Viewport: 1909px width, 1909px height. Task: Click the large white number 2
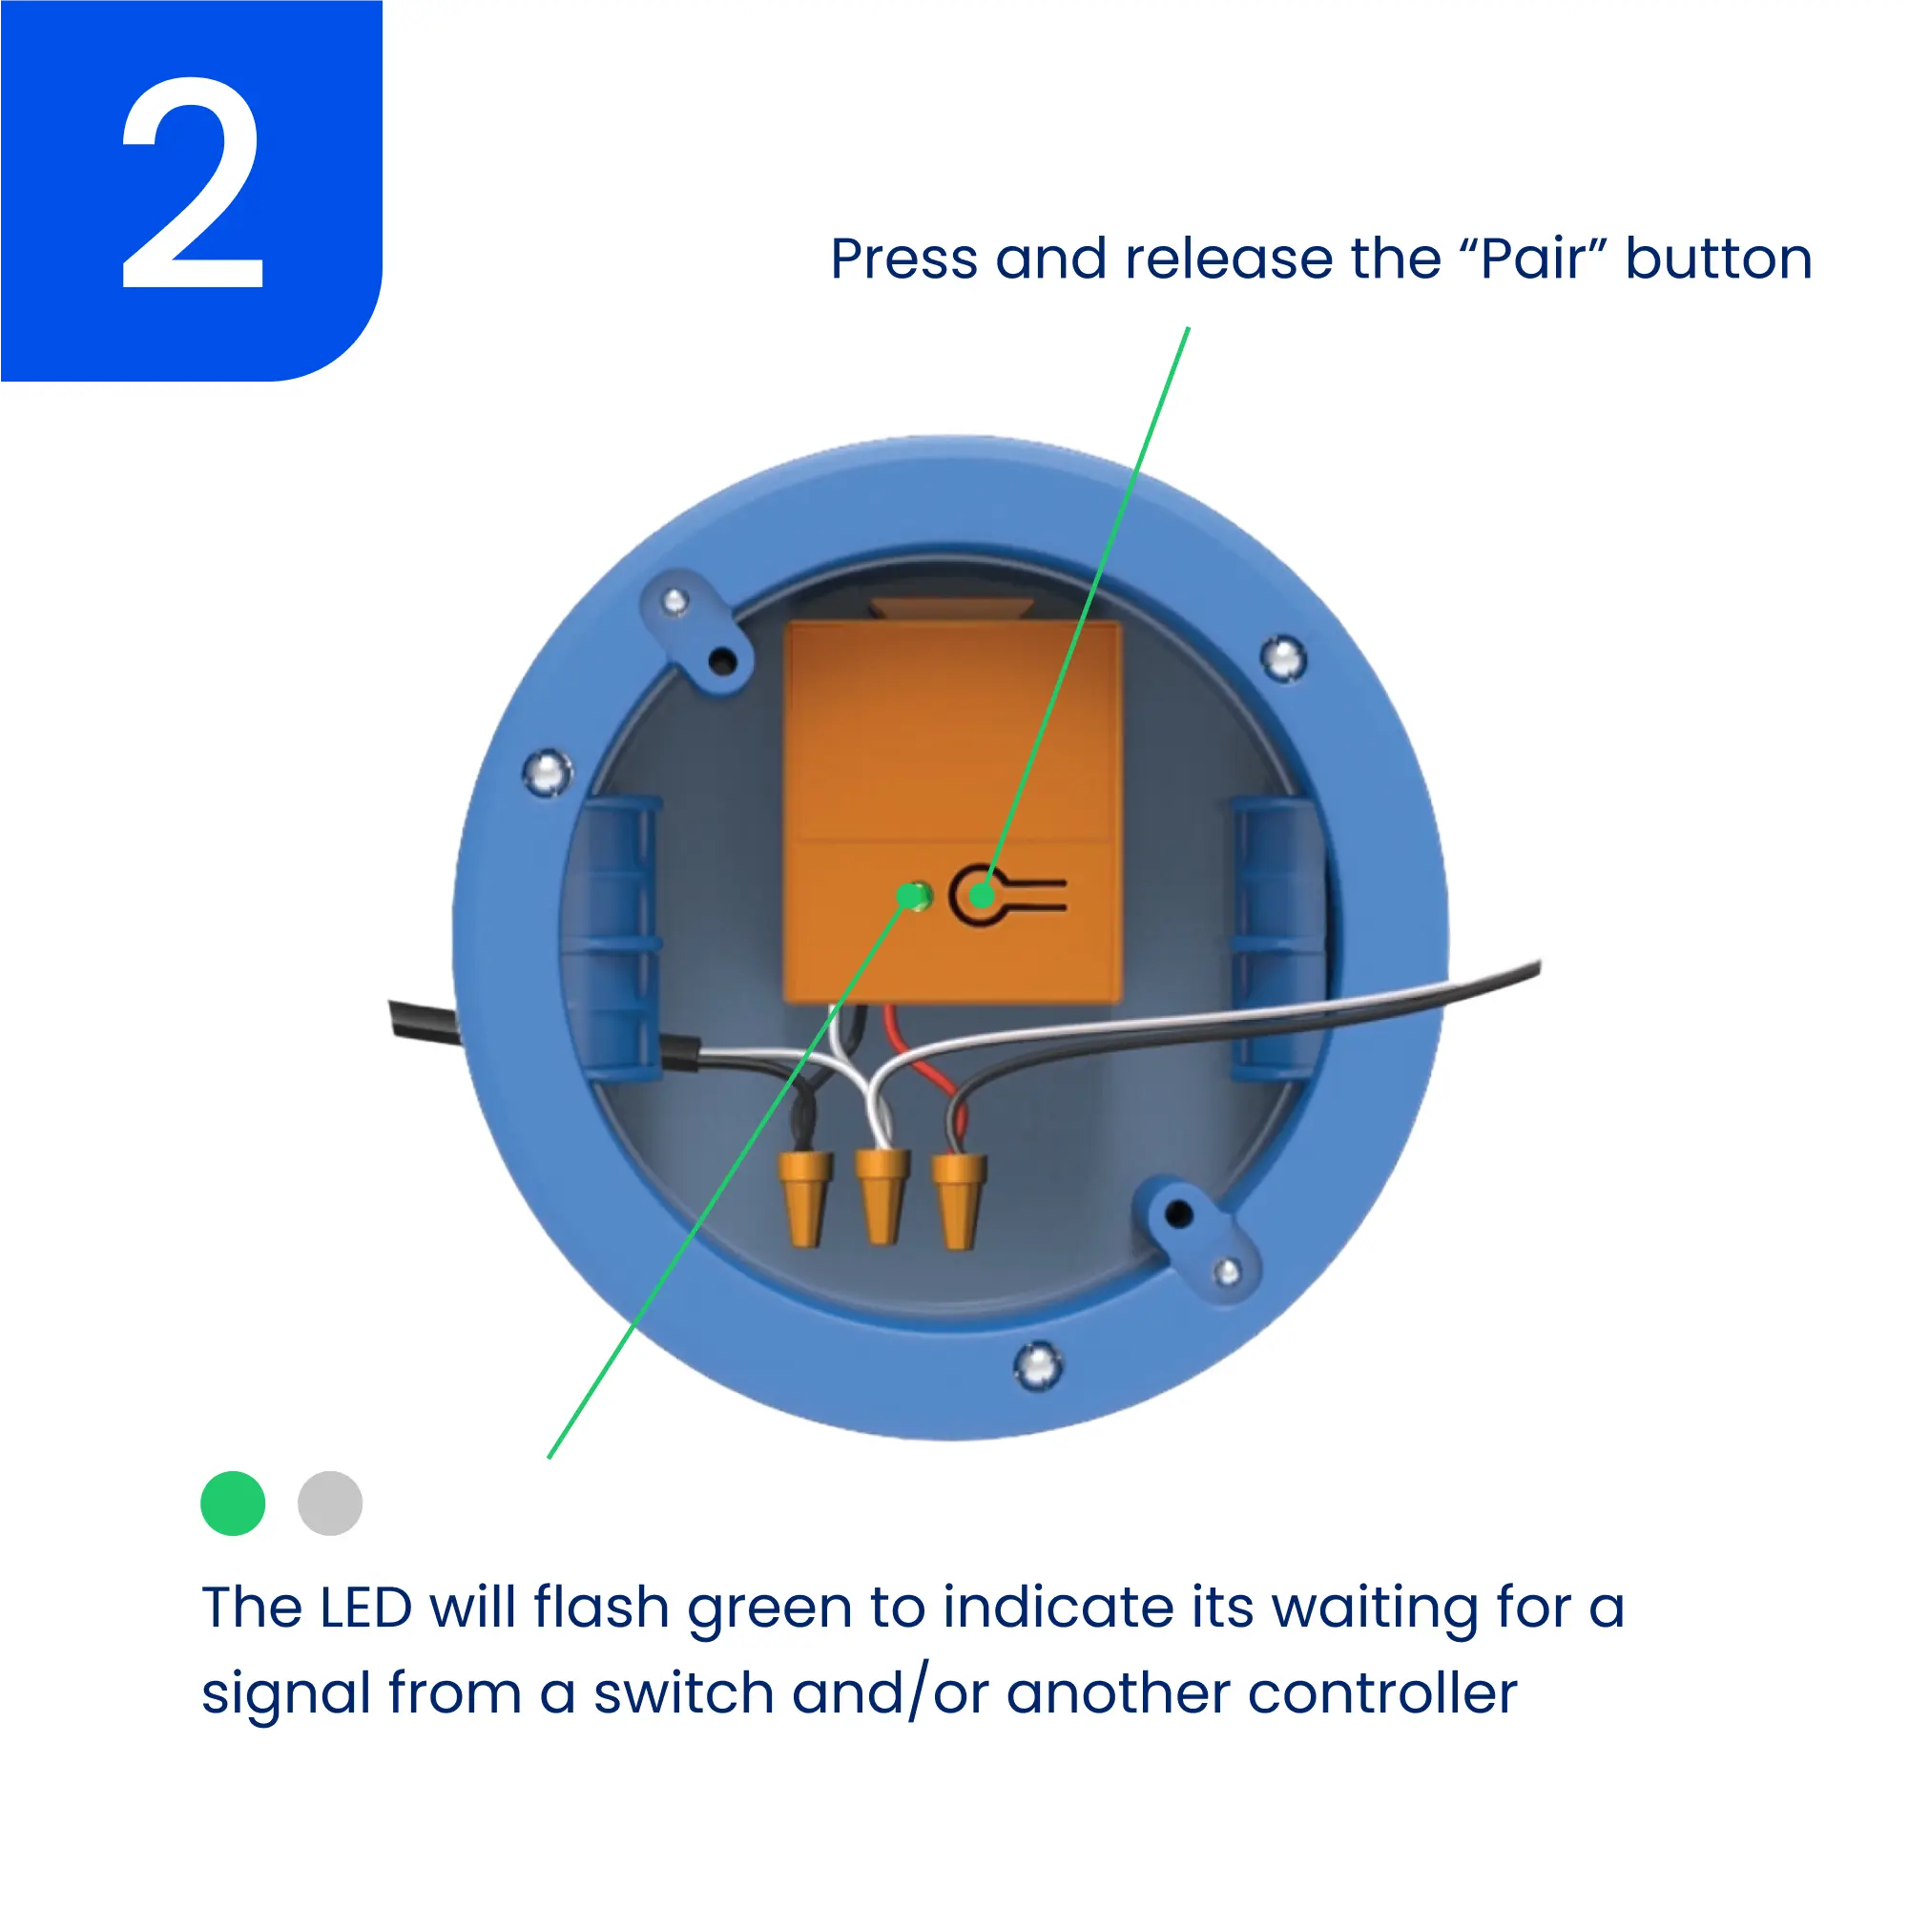(193, 184)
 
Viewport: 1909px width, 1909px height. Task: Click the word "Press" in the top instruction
(904, 259)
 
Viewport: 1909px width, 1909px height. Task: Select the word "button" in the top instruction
(1719, 259)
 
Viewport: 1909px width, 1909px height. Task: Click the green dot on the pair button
(981, 895)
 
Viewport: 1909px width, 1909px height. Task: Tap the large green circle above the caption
(233, 1503)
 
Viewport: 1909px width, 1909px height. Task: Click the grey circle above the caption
(330, 1503)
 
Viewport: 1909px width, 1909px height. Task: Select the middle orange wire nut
(882, 1195)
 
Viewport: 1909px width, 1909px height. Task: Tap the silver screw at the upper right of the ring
(1283, 658)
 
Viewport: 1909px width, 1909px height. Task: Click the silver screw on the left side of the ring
(547, 772)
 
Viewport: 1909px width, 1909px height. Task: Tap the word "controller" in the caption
(1382, 1693)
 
